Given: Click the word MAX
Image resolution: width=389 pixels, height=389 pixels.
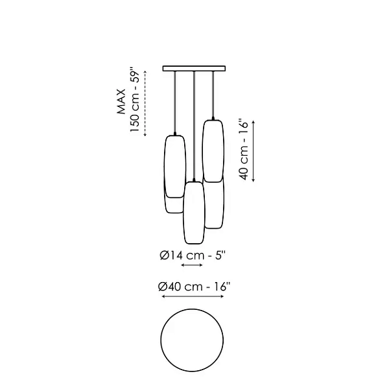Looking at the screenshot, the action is (121, 102).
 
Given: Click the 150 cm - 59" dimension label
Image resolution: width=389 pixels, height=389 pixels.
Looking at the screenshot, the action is (136, 100).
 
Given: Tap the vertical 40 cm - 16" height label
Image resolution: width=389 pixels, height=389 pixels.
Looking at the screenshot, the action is (244, 150).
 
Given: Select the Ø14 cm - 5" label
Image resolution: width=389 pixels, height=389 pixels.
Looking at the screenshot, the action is (193, 255).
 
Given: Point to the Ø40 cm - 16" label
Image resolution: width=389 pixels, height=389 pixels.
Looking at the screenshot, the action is (194, 287).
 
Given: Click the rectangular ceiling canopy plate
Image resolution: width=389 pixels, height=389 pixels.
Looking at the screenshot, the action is (194, 69).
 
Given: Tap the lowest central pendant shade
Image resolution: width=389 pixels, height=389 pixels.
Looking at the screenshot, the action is (194, 213).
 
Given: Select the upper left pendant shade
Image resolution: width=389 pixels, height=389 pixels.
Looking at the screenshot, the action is (175, 167).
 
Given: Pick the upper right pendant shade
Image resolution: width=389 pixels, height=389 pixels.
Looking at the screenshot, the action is (213, 151).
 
